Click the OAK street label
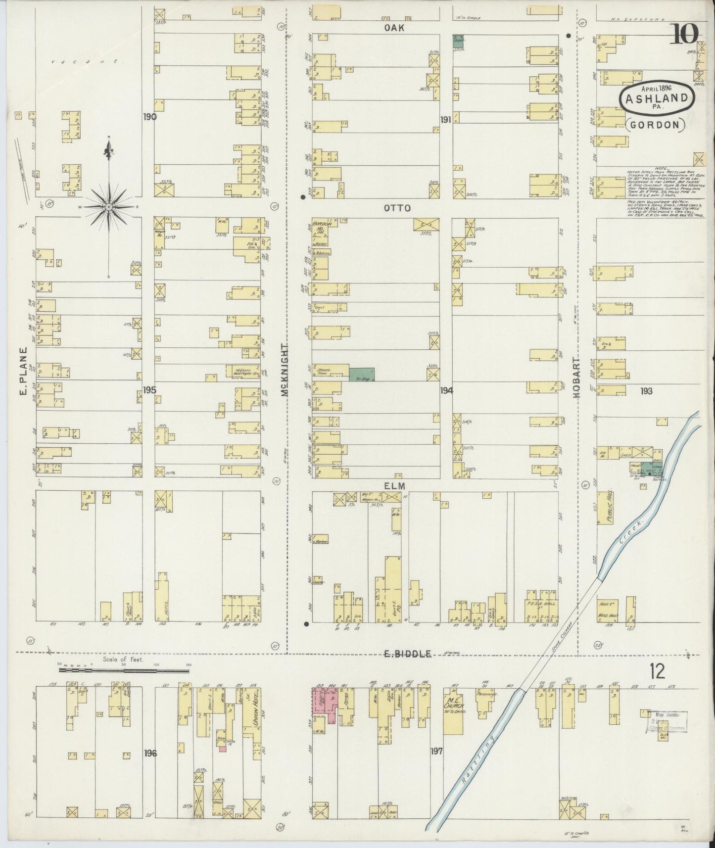click(x=394, y=28)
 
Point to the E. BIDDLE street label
click(x=408, y=654)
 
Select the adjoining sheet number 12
click(x=658, y=671)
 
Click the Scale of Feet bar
click(x=124, y=670)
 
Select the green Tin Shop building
click(x=362, y=375)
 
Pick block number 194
click(x=447, y=390)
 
